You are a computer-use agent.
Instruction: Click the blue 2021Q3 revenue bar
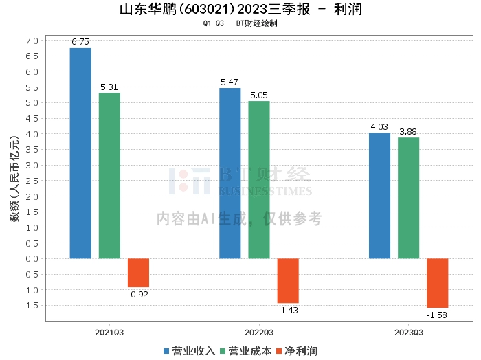[80, 153]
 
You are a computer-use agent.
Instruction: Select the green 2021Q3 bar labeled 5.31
[109, 176]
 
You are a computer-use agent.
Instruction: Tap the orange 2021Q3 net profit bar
[138, 273]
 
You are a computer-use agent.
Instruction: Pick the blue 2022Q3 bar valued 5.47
[230, 173]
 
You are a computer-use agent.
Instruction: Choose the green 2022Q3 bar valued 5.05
[259, 180]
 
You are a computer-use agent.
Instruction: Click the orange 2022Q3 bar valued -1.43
[288, 280]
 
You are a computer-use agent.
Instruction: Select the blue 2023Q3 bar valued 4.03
[379, 196]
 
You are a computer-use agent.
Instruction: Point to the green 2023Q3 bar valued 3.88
[408, 198]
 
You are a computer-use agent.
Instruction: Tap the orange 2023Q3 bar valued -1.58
[437, 283]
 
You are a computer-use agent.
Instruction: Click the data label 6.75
[80, 42]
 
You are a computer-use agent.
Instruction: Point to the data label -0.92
[138, 295]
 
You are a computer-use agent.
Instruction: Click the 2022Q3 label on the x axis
[259, 332]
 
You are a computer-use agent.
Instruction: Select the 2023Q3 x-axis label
[408, 332]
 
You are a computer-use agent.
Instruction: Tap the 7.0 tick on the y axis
[32, 41]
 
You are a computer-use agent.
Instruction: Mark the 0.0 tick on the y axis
[32, 259]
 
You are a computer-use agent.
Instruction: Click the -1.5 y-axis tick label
[31, 306]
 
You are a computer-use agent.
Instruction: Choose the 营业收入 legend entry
[190, 350]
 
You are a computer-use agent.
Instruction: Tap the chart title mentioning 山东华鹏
[240, 10]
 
